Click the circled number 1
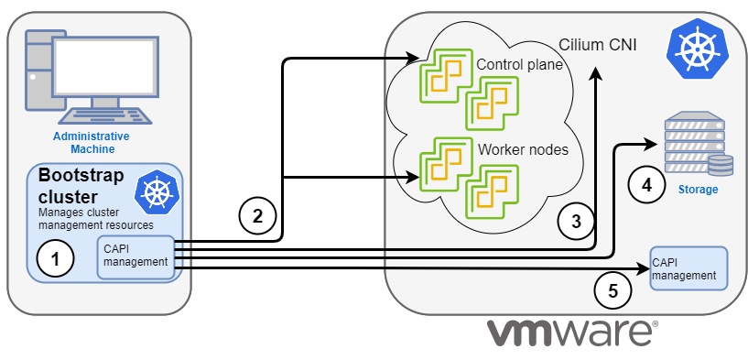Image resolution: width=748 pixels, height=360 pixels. pyautogui.click(x=54, y=259)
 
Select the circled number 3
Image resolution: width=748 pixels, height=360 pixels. pyautogui.click(x=575, y=220)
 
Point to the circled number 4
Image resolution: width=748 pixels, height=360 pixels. pyautogui.click(x=646, y=184)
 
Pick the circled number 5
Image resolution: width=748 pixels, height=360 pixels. pyautogui.click(x=612, y=290)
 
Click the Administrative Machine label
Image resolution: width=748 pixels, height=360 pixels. pyautogui.click(x=91, y=142)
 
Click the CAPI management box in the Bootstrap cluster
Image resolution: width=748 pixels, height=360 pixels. pyautogui.click(x=136, y=256)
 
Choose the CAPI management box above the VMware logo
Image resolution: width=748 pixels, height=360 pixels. pyautogui.click(x=688, y=268)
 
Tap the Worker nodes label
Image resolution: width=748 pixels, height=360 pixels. pyautogui.click(x=522, y=149)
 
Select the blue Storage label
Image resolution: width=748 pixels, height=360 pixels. pyautogui.click(x=698, y=190)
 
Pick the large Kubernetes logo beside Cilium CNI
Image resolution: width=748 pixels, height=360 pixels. pyautogui.click(x=694, y=50)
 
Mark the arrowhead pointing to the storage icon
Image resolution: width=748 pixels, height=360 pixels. pyautogui.click(x=653, y=143)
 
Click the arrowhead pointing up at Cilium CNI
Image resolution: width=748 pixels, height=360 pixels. pyautogui.click(x=596, y=74)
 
